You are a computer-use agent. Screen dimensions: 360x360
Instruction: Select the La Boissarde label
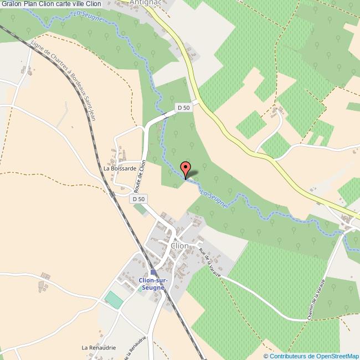120,168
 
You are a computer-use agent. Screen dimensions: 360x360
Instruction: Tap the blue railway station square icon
153,272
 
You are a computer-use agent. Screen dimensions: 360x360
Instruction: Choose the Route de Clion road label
142,176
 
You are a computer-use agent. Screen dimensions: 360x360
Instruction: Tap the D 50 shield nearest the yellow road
183,107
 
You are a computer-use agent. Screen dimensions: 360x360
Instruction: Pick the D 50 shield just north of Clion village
138,199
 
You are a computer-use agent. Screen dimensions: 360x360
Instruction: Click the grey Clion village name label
180,245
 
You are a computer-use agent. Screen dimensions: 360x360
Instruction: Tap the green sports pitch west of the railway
114,300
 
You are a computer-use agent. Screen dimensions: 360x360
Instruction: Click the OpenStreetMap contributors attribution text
311,356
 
